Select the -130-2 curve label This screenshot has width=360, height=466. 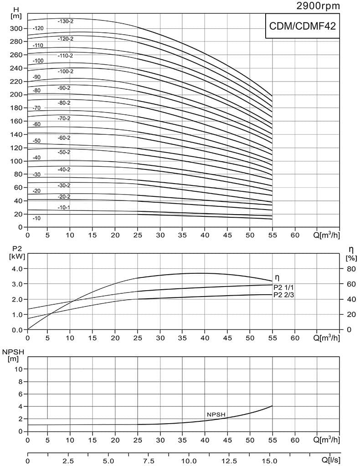(66, 21)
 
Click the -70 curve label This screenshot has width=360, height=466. (37, 108)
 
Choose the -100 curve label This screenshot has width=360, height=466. (38, 61)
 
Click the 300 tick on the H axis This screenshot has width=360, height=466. (16, 29)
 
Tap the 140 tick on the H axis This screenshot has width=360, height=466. (16, 135)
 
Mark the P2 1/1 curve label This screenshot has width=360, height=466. (284, 287)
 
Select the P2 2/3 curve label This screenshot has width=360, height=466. (284, 295)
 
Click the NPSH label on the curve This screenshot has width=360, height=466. (216, 414)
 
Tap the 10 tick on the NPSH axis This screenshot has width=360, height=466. (19, 369)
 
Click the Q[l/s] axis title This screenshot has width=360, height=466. (329, 461)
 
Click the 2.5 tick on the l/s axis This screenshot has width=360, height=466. (68, 461)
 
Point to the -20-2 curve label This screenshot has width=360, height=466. (64, 197)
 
